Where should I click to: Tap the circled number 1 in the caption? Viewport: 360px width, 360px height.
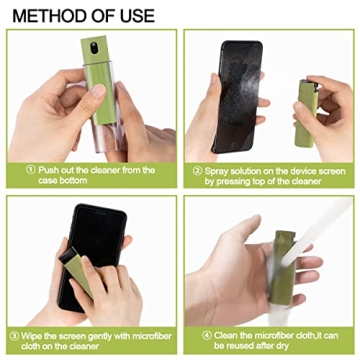pos(30,170)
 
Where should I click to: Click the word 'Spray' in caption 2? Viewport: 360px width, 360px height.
pos(216,170)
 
